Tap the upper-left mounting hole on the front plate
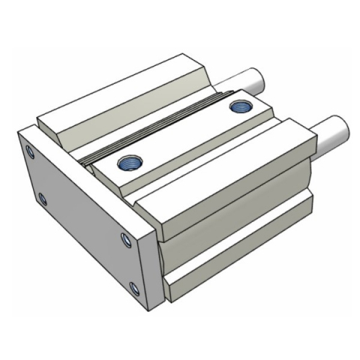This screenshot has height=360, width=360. [30, 153]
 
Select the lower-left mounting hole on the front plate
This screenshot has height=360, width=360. [42, 199]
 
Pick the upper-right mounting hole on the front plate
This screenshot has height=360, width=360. [125, 239]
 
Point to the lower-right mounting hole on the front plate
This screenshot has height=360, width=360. [134, 289]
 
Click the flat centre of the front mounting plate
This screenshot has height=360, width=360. [82, 217]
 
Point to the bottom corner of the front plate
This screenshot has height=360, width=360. [147, 308]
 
